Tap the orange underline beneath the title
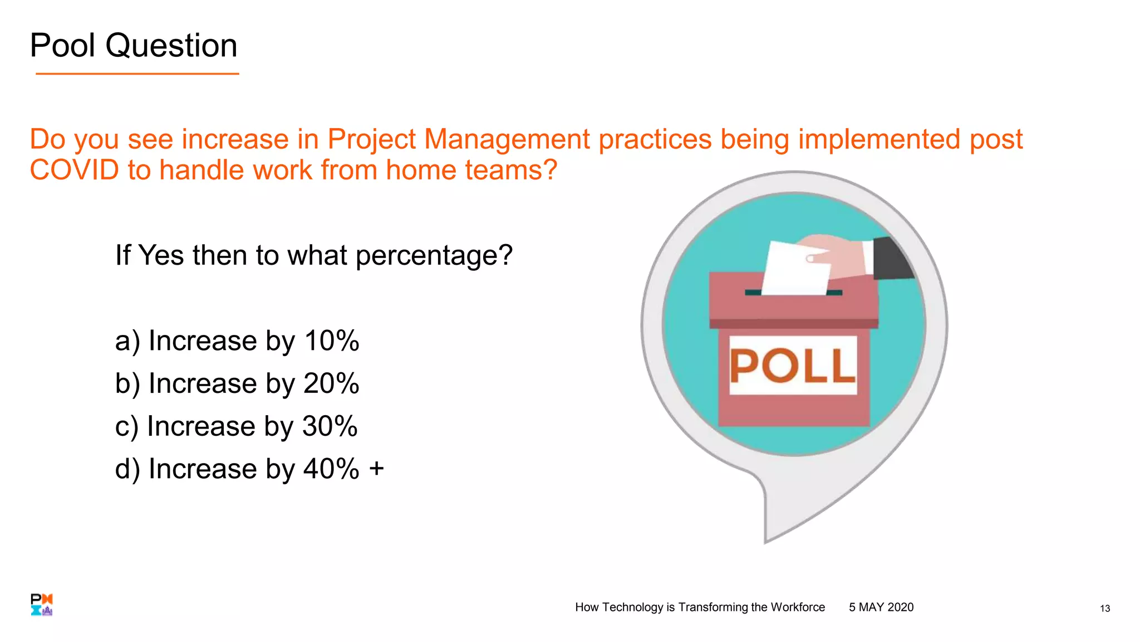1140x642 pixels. pos(137,74)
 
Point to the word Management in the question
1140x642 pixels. pos(507,139)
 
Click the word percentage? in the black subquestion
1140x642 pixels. pos(434,256)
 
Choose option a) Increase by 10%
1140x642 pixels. pos(237,341)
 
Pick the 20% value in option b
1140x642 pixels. pos(331,384)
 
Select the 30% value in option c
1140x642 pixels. pos(330,427)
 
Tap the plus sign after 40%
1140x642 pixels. pos(376,469)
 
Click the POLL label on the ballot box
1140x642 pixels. pos(793,366)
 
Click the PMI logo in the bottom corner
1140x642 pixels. pos(42,605)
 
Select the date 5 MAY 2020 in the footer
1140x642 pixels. pos(881,607)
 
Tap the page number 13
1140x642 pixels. pos(1104,609)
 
